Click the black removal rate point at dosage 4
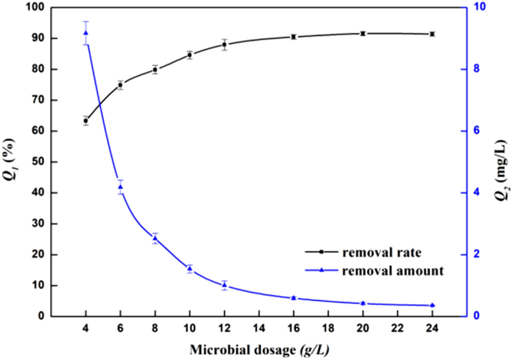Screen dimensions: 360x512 point(86,120)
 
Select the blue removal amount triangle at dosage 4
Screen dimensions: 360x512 point(86,33)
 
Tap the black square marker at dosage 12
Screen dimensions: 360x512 point(224,44)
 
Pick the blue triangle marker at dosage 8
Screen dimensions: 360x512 point(155,238)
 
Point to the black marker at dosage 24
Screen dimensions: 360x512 point(432,34)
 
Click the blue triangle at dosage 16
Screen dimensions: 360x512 point(294,298)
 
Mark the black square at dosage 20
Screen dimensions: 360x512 point(363,34)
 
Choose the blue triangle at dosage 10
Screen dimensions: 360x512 point(190,268)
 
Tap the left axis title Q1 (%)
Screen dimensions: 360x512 point(10,161)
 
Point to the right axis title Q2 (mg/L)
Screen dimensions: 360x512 point(500,161)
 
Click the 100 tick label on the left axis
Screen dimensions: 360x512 point(34,7)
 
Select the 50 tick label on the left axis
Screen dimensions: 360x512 point(37,162)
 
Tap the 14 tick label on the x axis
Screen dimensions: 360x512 point(259,328)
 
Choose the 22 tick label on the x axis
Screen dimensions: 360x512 point(397,328)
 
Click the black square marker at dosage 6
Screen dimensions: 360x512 point(120,85)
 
